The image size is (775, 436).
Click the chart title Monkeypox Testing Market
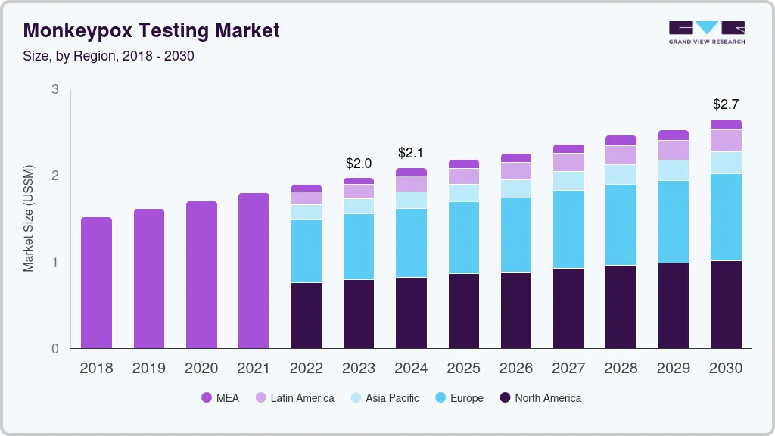pyautogui.click(x=151, y=30)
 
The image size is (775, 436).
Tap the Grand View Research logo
pyautogui.click(x=706, y=32)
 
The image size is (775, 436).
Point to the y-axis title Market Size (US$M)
pyautogui.click(x=28, y=218)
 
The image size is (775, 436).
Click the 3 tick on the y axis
pyautogui.click(x=54, y=89)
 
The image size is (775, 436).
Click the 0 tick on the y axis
pyautogui.click(x=54, y=349)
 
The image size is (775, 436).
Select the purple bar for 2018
pyautogui.click(x=96, y=282)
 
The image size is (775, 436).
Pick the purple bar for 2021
pyautogui.click(x=254, y=270)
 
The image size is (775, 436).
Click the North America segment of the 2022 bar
pyautogui.click(x=307, y=316)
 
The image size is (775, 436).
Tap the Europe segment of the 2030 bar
pyautogui.click(x=726, y=217)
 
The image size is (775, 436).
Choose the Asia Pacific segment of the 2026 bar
pyautogui.click(x=516, y=188)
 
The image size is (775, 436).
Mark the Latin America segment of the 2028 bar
pyautogui.click(x=621, y=155)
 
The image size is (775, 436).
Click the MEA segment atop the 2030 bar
pyautogui.click(x=726, y=124)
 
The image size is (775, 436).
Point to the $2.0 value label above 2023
pyautogui.click(x=359, y=163)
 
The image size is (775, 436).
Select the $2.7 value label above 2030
pyautogui.click(x=726, y=104)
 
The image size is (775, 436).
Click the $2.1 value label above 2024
pyautogui.click(x=411, y=153)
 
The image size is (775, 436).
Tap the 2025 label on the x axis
pyautogui.click(x=463, y=368)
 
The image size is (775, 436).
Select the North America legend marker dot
pyautogui.click(x=504, y=397)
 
